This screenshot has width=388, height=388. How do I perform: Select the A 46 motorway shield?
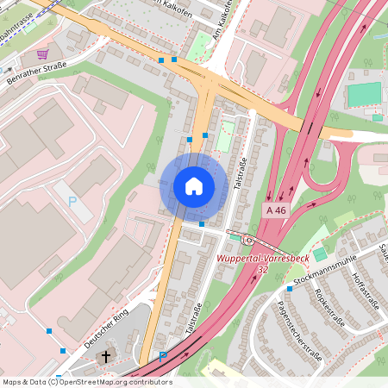pyautogui.click(x=276, y=210)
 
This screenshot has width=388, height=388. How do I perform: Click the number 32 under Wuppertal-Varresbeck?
pyautogui.click(x=261, y=268)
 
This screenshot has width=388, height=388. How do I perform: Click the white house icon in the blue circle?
pyautogui.click(x=194, y=186)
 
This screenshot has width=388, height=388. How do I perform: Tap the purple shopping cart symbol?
pyautogui.click(x=41, y=53)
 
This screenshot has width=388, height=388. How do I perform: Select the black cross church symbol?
pyautogui.click(x=107, y=355)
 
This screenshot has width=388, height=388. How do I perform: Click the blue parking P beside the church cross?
pyautogui.click(x=162, y=356)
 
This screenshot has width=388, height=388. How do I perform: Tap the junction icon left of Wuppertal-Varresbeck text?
pyautogui.click(x=248, y=241)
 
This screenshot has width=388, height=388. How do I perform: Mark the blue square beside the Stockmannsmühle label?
pyautogui.click(x=290, y=289)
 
